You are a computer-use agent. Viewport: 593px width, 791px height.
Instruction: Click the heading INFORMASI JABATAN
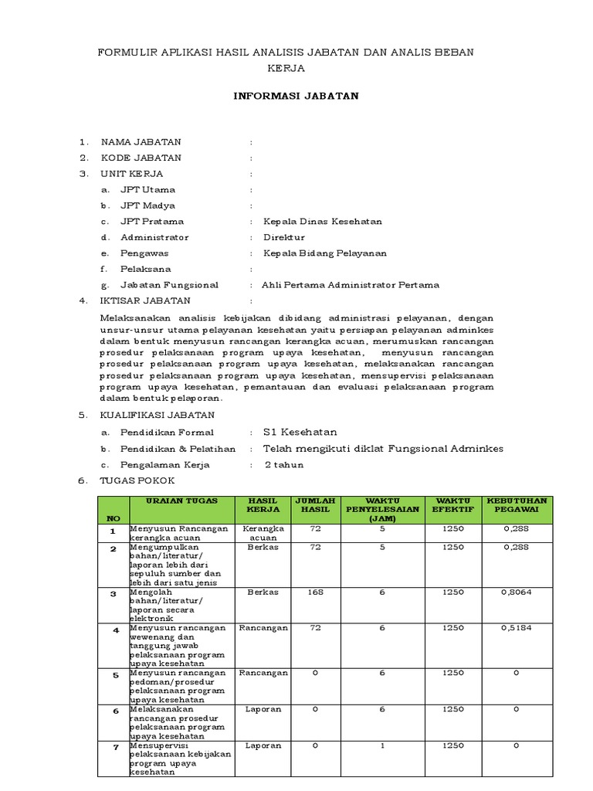click(296, 96)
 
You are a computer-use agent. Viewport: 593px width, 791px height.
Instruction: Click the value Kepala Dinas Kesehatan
click(323, 222)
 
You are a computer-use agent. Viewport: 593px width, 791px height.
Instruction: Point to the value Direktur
click(284, 237)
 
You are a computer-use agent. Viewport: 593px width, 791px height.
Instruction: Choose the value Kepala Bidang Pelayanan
click(325, 253)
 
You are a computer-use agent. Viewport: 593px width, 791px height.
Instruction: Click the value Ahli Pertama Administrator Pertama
click(351, 284)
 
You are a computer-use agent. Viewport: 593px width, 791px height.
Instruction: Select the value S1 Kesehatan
click(300, 433)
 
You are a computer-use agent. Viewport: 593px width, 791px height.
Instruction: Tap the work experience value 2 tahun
click(284, 465)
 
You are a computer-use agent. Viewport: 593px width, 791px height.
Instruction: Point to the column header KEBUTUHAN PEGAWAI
click(517, 505)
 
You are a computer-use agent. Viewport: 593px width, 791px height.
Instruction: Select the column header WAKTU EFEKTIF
click(453, 505)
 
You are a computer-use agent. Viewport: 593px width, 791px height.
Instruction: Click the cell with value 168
click(315, 592)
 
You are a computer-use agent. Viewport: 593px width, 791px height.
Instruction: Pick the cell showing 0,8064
click(517, 592)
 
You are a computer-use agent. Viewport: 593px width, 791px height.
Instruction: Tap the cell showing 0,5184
click(517, 629)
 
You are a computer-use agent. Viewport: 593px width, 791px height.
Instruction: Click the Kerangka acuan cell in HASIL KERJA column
click(263, 533)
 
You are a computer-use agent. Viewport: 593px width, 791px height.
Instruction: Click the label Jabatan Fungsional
click(169, 284)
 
